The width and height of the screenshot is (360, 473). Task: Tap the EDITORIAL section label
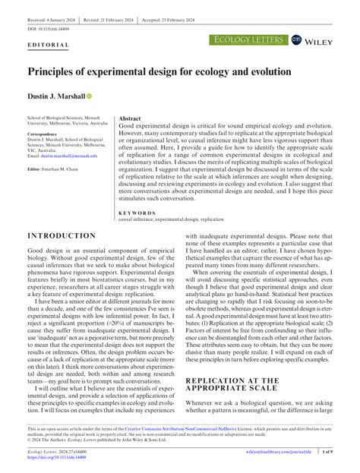(48, 45)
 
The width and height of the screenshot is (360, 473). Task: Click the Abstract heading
(130, 119)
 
